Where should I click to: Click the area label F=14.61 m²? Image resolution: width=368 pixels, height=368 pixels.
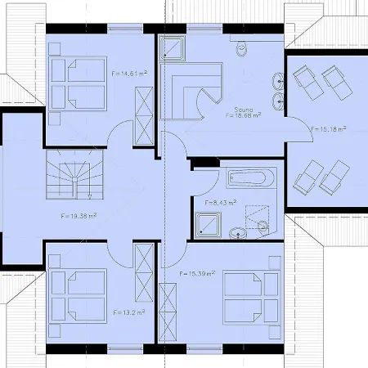click(x=127, y=73)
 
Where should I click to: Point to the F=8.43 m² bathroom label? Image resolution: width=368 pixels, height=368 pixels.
click(x=221, y=201)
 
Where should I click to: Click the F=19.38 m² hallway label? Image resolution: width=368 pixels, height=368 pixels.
click(x=79, y=216)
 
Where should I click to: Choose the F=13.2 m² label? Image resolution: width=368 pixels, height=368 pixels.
click(x=128, y=312)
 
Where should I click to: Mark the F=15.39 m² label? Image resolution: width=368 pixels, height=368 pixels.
click(x=196, y=272)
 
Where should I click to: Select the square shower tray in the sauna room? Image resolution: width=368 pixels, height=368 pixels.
click(x=173, y=50)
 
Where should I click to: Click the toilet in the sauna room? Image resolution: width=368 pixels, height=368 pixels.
click(x=241, y=51)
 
